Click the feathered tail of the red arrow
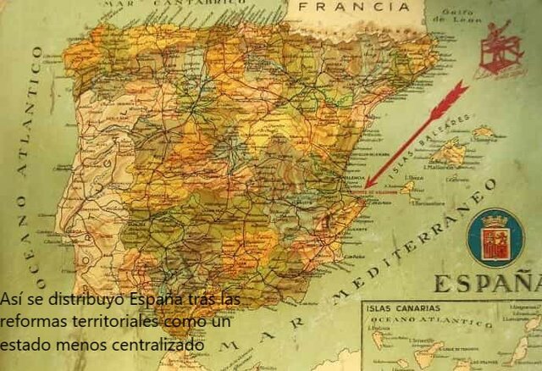click(454, 94)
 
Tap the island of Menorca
click(484, 132)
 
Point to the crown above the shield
click(494, 220)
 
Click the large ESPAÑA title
click(488, 283)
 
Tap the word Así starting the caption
click(11, 300)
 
